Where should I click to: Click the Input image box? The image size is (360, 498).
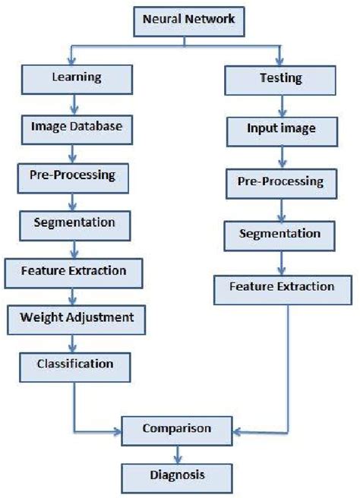(x=282, y=129)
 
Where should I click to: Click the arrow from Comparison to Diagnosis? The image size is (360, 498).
(x=177, y=454)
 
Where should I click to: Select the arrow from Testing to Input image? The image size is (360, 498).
(x=282, y=104)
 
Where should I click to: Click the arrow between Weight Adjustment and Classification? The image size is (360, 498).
(x=75, y=342)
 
